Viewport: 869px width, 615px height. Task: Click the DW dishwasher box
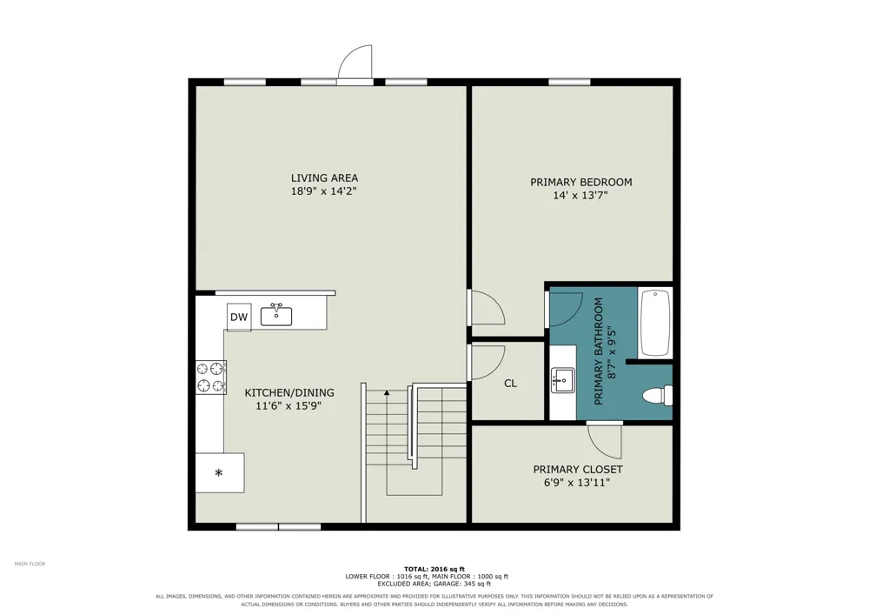(x=239, y=318)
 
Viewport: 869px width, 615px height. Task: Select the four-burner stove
(x=211, y=378)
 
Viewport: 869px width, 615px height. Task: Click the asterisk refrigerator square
(x=220, y=472)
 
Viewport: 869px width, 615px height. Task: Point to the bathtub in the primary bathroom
(x=655, y=322)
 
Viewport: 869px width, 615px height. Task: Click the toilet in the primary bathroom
(x=657, y=395)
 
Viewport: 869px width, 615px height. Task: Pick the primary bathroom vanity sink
(x=563, y=380)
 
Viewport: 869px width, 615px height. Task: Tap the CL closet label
(x=510, y=384)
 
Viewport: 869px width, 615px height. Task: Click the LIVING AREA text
(x=325, y=178)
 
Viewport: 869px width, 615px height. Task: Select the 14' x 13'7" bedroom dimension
(x=580, y=195)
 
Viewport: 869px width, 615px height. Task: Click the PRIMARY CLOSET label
(x=578, y=469)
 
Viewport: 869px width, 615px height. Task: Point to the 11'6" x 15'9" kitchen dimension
(x=289, y=406)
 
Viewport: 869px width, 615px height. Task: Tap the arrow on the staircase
(x=387, y=392)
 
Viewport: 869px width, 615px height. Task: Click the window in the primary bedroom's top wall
(x=569, y=82)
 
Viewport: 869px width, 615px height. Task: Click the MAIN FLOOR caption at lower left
(x=30, y=564)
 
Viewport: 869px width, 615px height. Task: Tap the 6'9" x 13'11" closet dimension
(x=577, y=483)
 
